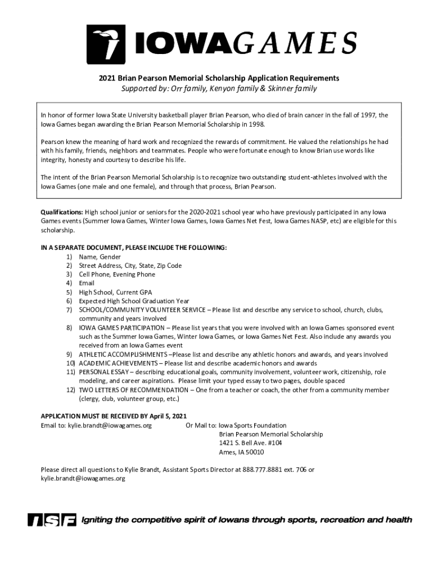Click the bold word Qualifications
point(62,212)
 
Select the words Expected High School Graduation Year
point(134,301)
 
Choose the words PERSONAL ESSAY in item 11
point(103,372)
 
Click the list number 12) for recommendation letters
point(71,390)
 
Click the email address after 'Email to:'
point(110,426)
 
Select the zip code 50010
point(254,452)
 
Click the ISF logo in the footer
point(51,520)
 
